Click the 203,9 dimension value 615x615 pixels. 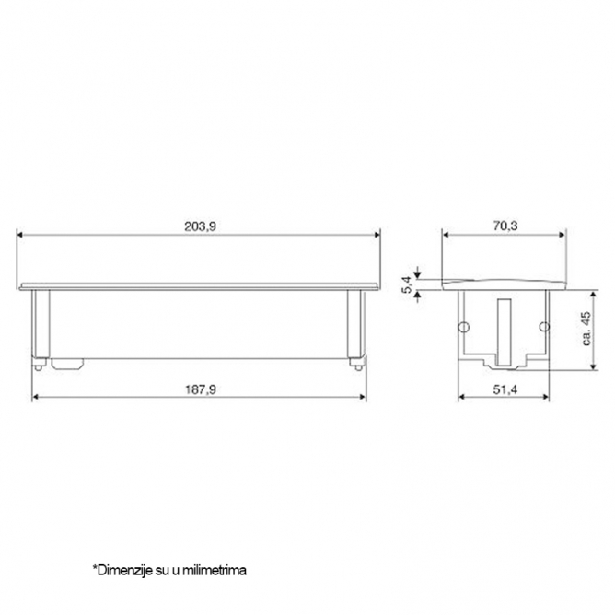pyautogui.click(x=200, y=226)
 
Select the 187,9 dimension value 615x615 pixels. pyautogui.click(x=200, y=389)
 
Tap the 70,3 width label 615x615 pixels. pyautogui.click(x=505, y=226)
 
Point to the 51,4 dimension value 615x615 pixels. pyautogui.click(x=505, y=389)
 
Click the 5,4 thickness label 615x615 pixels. pyautogui.click(x=407, y=284)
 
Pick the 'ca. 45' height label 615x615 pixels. pyautogui.click(x=586, y=329)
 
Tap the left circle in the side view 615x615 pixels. pyautogui.click(x=464, y=326)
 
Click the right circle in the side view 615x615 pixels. pyautogui.click(x=544, y=326)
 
